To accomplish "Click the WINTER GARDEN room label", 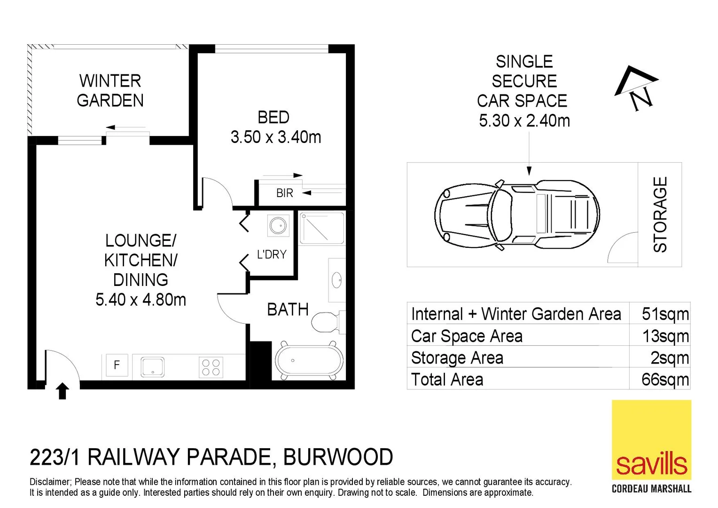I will (x=110, y=91).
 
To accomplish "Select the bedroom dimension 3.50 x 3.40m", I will (x=276, y=137).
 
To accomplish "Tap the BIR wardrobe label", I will (x=284, y=193).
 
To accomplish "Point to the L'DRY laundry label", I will (x=271, y=254).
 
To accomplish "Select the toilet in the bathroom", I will (x=325, y=322).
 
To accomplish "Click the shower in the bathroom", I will (x=322, y=228).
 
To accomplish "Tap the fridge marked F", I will (x=116, y=365).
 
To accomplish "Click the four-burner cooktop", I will (x=211, y=367).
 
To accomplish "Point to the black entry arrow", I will (x=62, y=391).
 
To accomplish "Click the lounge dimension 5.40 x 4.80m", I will (x=140, y=300).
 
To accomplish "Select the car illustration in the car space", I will (x=517, y=214).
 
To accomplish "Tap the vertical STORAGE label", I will (x=660, y=214).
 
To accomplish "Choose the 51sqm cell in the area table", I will (x=665, y=314).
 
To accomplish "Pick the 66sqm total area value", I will (x=665, y=380).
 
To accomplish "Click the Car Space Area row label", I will (x=467, y=336).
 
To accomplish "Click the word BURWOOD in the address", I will (x=338, y=457).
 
